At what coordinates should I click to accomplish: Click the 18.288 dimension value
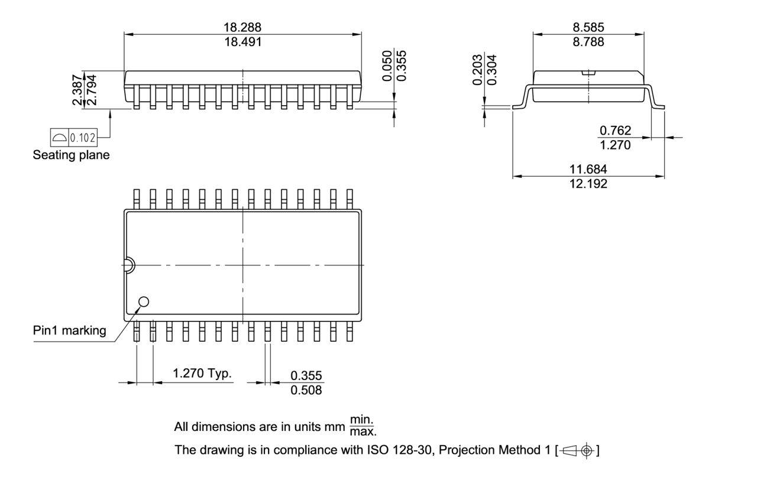(x=242, y=27)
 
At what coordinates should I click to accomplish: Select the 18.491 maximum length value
(x=242, y=42)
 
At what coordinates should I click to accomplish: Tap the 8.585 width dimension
(x=588, y=27)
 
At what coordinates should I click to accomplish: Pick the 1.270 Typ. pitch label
(x=202, y=373)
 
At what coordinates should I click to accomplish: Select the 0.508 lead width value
(x=306, y=390)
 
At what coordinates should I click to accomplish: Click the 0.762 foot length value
(x=615, y=130)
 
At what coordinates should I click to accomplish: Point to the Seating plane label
(x=71, y=155)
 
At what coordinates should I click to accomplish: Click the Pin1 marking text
(x=69, y=330)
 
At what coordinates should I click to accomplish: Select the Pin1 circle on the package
(x=143, y=302)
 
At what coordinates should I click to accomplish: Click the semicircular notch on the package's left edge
(x=128, y=265)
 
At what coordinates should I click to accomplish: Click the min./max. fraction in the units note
(x=363, y=425)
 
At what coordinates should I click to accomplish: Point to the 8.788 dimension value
(x=588, y=42)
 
